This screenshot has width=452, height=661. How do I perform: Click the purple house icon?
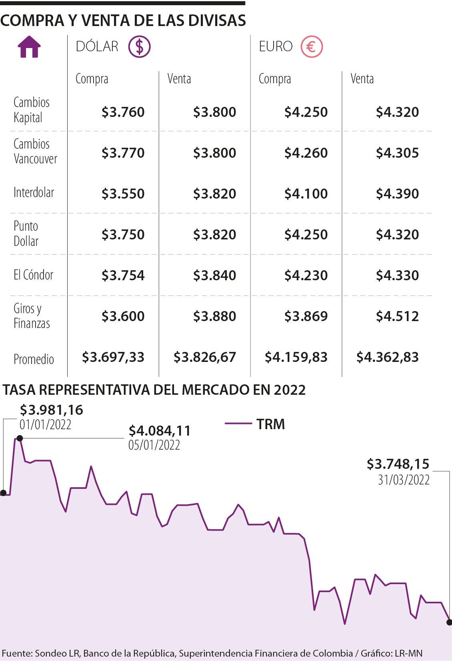tap(29, 47)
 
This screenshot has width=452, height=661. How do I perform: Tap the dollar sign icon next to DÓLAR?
tap(139, 47)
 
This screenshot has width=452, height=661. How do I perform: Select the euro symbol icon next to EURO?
tap(312, 47)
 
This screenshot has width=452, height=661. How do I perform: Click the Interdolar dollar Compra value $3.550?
tap(123, 194)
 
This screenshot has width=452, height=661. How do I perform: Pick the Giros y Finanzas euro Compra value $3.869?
tap(306, 316)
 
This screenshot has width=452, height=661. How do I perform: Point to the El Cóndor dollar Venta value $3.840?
tap(214, 275)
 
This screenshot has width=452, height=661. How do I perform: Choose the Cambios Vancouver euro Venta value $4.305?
tap(397, 153)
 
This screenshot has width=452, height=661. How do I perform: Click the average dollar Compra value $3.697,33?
tap(113, 357)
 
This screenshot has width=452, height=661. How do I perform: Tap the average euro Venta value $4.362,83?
tap(387, 357)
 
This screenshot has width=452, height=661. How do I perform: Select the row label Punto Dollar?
tap(26, 234)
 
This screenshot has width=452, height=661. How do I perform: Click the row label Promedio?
tap(34, 359)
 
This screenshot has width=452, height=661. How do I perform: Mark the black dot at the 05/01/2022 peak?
tap(20, 438)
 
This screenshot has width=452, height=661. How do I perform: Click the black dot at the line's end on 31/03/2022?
tap(449, 622)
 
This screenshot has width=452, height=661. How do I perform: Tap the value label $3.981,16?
tap(52, 410)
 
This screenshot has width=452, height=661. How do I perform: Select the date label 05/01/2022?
tap(154, 445)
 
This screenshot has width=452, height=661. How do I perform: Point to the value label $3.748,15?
tap(398, 464)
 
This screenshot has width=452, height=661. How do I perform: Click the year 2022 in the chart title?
tap(290, 390)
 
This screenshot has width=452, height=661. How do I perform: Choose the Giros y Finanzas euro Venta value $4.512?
tap(397, 316)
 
